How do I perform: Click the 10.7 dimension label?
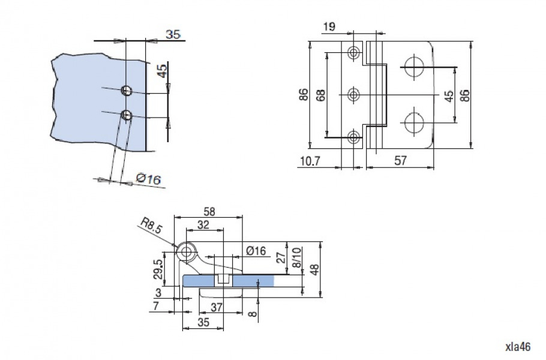coord(310,161)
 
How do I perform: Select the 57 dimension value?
coord(400,161)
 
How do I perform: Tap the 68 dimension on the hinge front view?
coord(321,95)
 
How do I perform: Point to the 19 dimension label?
coord(329,27)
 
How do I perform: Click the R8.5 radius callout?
coord(151,225)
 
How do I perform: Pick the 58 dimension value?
coord(209,211)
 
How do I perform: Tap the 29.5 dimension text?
coord(158,269)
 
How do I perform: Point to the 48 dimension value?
coord(314,269)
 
